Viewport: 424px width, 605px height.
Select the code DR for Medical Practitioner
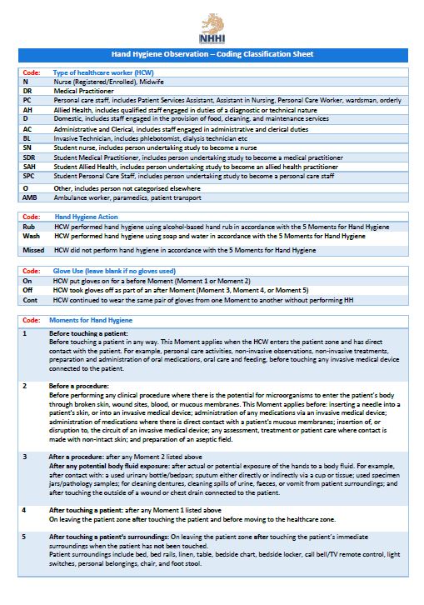point(28,91)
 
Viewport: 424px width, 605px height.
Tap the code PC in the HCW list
point(27,100)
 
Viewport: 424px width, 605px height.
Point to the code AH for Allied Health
point(27,109)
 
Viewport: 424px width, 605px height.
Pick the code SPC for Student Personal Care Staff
point(29,175)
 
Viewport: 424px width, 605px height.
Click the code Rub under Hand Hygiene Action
point(28,226)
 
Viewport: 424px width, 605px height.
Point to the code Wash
point(30,235)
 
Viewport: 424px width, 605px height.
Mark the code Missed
point(33,249)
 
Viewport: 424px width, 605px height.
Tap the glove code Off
point(27,289)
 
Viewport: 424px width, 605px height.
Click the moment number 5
point(25,537)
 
